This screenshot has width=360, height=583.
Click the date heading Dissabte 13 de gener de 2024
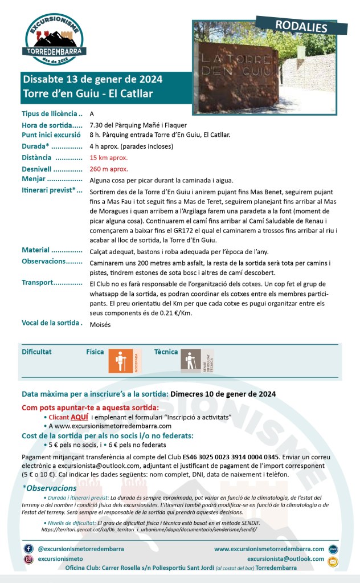click(x=92, y=79)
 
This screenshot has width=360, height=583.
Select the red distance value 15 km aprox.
click(x=108, y=157)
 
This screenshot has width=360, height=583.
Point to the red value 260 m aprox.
click(x=109, y=169)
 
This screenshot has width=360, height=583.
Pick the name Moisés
click(x=100, y=324)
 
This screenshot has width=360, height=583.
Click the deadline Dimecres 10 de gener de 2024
click(x=223, y=393)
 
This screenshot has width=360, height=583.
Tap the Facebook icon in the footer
click(x=28, y=548)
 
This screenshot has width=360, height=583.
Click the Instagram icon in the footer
click(x=28, y=560)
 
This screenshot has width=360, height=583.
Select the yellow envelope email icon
click(x=333, y=562)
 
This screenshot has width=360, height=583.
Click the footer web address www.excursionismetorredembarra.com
click(x=269, y=549)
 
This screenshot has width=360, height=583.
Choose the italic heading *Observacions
click(x=49, y=488)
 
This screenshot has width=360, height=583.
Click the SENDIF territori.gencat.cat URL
click(x=149, y=529)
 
